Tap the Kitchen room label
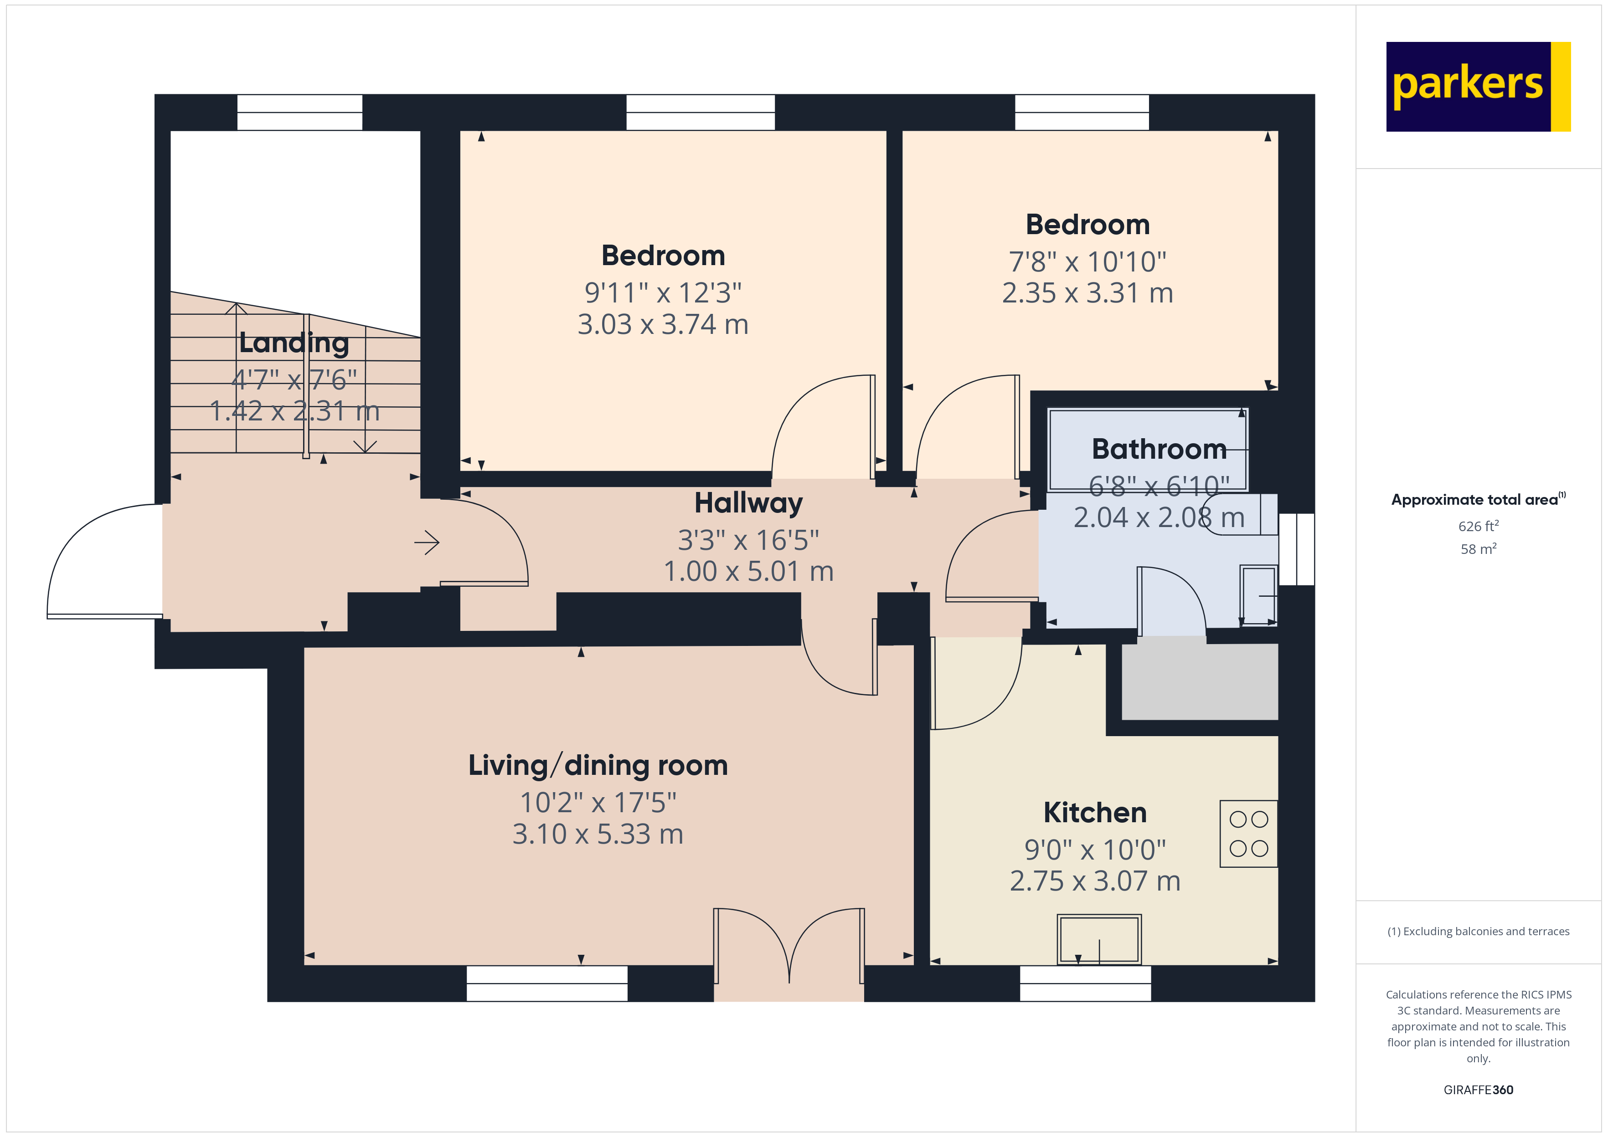(x=1095, y=813)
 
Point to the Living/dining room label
(x=598, y=765)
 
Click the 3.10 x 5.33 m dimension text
(x=598, y=834)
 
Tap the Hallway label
(x=748, y=503)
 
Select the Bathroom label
(x=1159, y=449)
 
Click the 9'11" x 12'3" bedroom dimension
(x=663, y=292)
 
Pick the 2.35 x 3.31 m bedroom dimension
(x=1087, y=292)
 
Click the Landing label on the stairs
(x=294, y=343)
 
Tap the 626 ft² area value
(x=1478, y=526)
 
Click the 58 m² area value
(x=1478, y=549)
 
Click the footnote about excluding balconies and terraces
(x=1478, y=931)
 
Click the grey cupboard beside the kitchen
(x=1199, y=681)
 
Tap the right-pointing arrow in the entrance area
(x=427, y=542)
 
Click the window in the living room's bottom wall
(x=546, y=983)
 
